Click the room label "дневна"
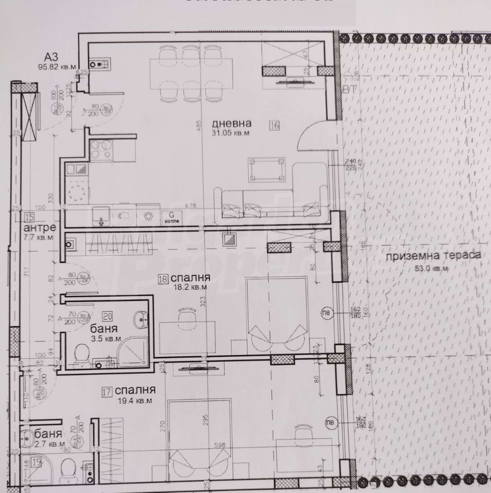pyautogui.click(x=231, y=123)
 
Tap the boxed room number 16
pyautogui.click(x=275, y=125)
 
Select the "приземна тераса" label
pyautogui.click(x=433, y=256)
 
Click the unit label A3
pyautogui.click(x=51, y=57)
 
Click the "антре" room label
pyautogui.click(x=40, y=227)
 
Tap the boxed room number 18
pyautogui.click(x=163, y=279)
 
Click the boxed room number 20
pyautogui.click(x=107, y=316)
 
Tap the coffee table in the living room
pyautogui.click(x=266, y=170)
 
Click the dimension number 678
pyautogui.click(x=191, y=206)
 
